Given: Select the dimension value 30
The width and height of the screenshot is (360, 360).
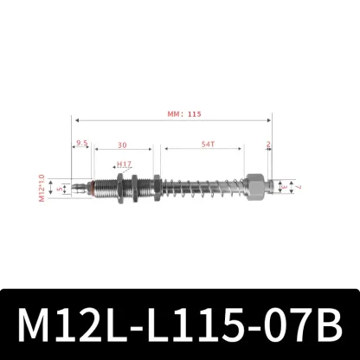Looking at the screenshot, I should [124, 145].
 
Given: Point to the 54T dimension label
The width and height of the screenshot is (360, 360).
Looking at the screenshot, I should [209, 145].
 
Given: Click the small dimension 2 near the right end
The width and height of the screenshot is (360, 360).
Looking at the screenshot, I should [269, 145].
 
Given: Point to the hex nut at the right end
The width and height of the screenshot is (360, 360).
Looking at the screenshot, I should [256, 186].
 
